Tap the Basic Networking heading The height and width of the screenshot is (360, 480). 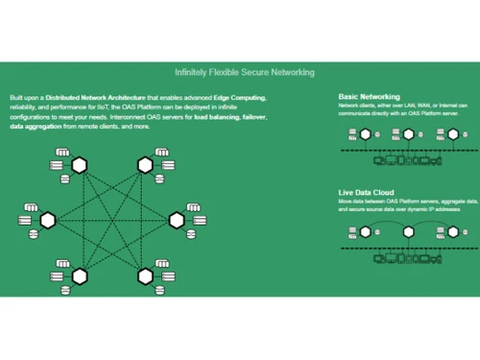pos(370,96)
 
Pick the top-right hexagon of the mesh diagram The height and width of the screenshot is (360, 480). pos(145,165)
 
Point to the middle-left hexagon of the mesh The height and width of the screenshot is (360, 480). pos(47,220)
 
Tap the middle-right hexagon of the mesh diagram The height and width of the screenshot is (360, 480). pos(178,220)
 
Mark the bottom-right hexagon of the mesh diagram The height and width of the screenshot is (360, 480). pos(145,276)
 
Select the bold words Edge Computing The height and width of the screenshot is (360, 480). pos(237,99)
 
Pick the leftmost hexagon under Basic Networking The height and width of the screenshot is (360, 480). pos(365,133)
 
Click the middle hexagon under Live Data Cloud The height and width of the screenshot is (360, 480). pos(407,230)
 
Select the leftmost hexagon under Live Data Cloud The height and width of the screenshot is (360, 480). pos(365,230)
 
